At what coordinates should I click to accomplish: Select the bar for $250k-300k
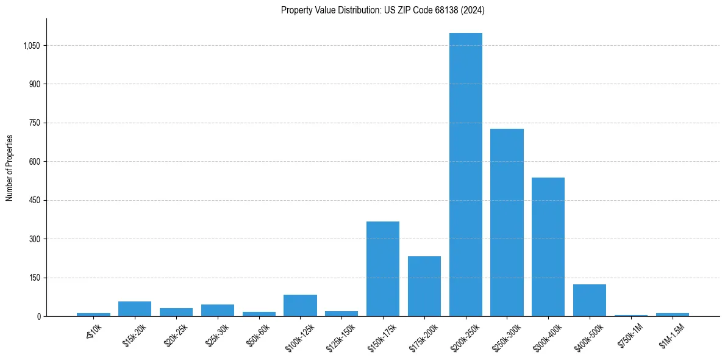[x=507, y=223]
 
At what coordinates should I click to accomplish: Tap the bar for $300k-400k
[x=548, y=247]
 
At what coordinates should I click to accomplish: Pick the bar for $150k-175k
[x=383, y=269]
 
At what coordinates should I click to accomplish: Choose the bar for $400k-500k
[x=590, y=300]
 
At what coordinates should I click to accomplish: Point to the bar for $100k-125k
[x=300, y=306]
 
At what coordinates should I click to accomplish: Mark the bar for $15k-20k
[x=135, y=309]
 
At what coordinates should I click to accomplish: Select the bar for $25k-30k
[x=218, y=311]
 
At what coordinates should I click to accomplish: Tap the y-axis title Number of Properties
[x=10, y=168]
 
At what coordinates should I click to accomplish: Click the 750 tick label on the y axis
[x=34, y=123]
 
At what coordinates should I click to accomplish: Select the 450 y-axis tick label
[x=34, y=200]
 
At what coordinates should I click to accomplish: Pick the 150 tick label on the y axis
[x=34, y=278]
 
